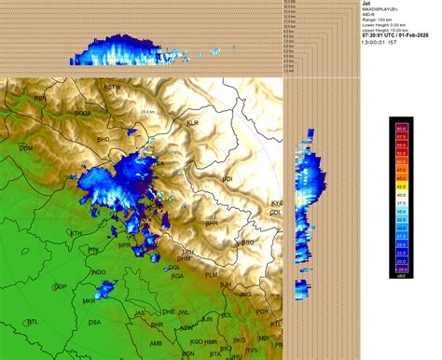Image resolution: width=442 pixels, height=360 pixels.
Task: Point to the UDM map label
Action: pos(26,148)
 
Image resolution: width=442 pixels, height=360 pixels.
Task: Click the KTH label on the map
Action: pos(76,233)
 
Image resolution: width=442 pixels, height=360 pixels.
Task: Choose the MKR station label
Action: pos(89,302)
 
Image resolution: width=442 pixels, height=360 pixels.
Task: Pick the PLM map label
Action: pos(212,275)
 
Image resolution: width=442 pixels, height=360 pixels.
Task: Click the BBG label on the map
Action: pos(247,242)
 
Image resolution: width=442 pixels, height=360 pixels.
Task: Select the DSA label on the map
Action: pos(94,322)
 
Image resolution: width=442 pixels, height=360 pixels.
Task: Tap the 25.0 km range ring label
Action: pos(147,112)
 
